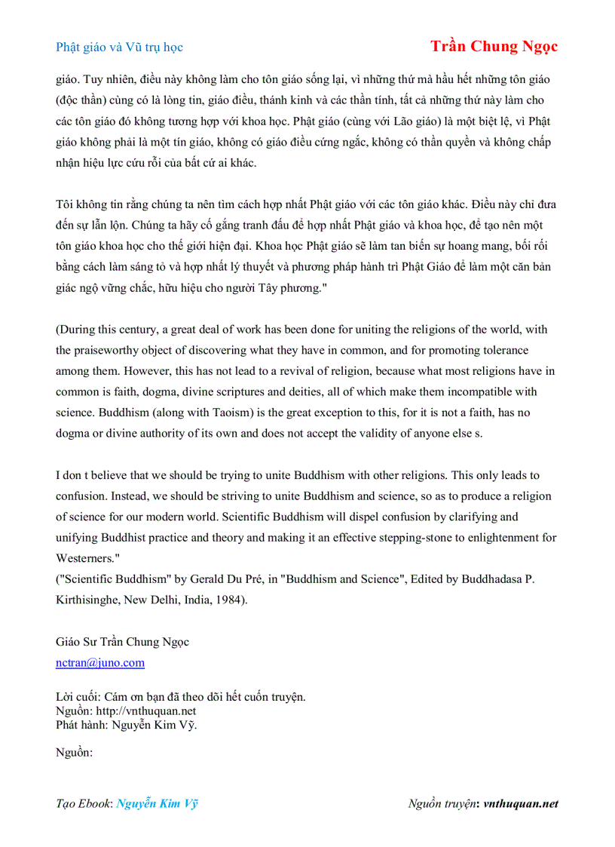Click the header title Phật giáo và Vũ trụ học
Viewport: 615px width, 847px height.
(x=119, y=47)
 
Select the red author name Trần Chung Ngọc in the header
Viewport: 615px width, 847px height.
(x=494, y=46)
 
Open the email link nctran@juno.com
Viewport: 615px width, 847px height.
(x=100, y=662)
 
